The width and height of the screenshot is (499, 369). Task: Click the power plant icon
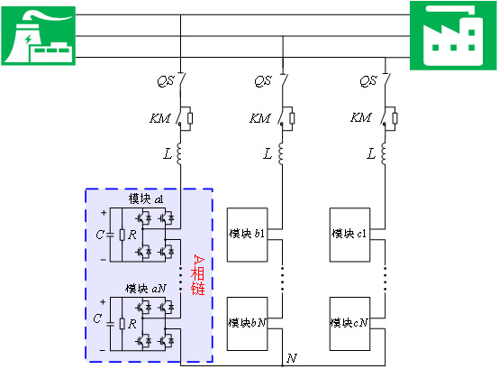[x=38, y=36]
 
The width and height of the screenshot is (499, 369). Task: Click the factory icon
[x=453, y=35]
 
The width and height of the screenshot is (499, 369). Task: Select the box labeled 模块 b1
[x=247, y=235]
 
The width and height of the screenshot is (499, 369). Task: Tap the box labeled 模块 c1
[x=349, y=235]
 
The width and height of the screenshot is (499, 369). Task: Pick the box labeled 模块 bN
[x=247, y=324]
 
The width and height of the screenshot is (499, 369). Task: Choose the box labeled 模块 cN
[x=349, y=324]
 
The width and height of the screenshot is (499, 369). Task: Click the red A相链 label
[x=198, y=274]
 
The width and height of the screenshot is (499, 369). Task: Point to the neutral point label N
[x=292, y=358]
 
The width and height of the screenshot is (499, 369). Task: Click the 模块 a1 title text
[x=146, y=198]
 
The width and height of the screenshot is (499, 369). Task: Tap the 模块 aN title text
[x=146, y=289]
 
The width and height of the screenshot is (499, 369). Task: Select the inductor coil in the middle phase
[x=281, y=153]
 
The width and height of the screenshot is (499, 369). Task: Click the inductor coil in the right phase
[x=384, y=153]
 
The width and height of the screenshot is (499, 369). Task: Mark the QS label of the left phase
[x=166, y=81]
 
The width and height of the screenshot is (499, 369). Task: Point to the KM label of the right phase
[x=360, y=117]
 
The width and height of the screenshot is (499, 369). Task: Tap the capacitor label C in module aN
[x=97, y=318]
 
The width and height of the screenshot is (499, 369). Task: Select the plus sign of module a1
[x=104, y=213]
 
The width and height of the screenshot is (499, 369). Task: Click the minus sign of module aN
[x=103, y=350]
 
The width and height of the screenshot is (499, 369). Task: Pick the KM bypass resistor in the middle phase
[x=292, y=118]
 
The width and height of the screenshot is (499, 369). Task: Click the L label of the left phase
[x=168, y=154]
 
